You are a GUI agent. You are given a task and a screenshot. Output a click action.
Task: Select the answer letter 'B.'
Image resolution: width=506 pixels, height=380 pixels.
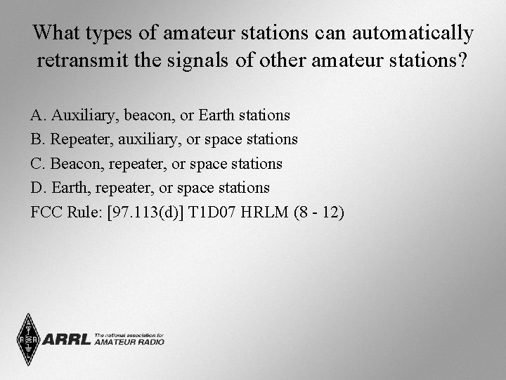pyautogui.click(x=38, y=139)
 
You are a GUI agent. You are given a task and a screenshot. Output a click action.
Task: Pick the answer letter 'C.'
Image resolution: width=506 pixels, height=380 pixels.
pyautogui.click(x=38, y=164)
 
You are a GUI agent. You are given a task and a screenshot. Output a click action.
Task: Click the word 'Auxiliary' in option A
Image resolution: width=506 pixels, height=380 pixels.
pyautogui.click(x=79, y=115)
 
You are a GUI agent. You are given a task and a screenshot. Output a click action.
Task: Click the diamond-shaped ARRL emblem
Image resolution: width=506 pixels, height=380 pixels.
pyautogui.click(x=29, y=339)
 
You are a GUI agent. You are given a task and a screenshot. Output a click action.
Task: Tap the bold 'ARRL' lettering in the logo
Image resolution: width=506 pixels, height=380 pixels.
pyautogui.click(x=67, y=339)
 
